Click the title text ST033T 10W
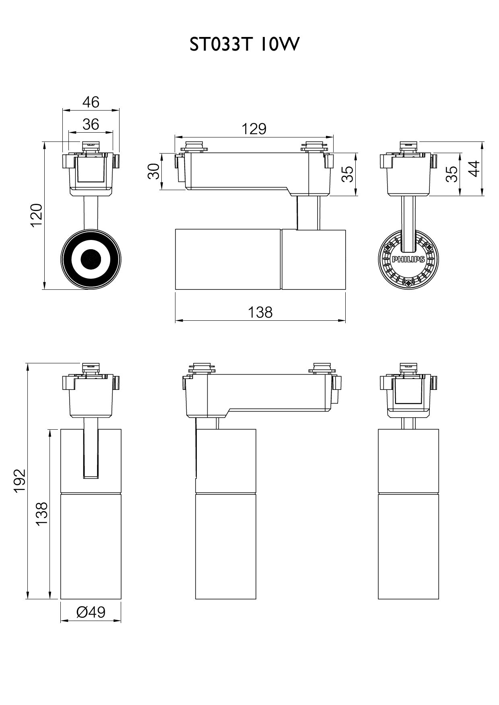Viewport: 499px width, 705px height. [x=245, y=45]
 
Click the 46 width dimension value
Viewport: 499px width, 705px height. [x=91, y=102]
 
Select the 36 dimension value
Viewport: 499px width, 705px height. [x=91, y=124]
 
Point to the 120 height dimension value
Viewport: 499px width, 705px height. [x=37, y=215]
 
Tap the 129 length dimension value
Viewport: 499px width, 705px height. [x=254, y=129]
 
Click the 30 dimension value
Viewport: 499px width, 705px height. [x=153, y=171]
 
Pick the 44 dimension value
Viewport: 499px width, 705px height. [x=475, y=168]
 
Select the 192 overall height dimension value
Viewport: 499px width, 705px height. [x=19, y=480]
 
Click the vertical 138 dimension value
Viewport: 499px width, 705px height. [x=41, y=513]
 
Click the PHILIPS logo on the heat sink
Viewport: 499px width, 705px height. [x=408, y=260]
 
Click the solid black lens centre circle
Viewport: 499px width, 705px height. [x=91, y=259]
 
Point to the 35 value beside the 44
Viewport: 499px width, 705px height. [x=453, y=174]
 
